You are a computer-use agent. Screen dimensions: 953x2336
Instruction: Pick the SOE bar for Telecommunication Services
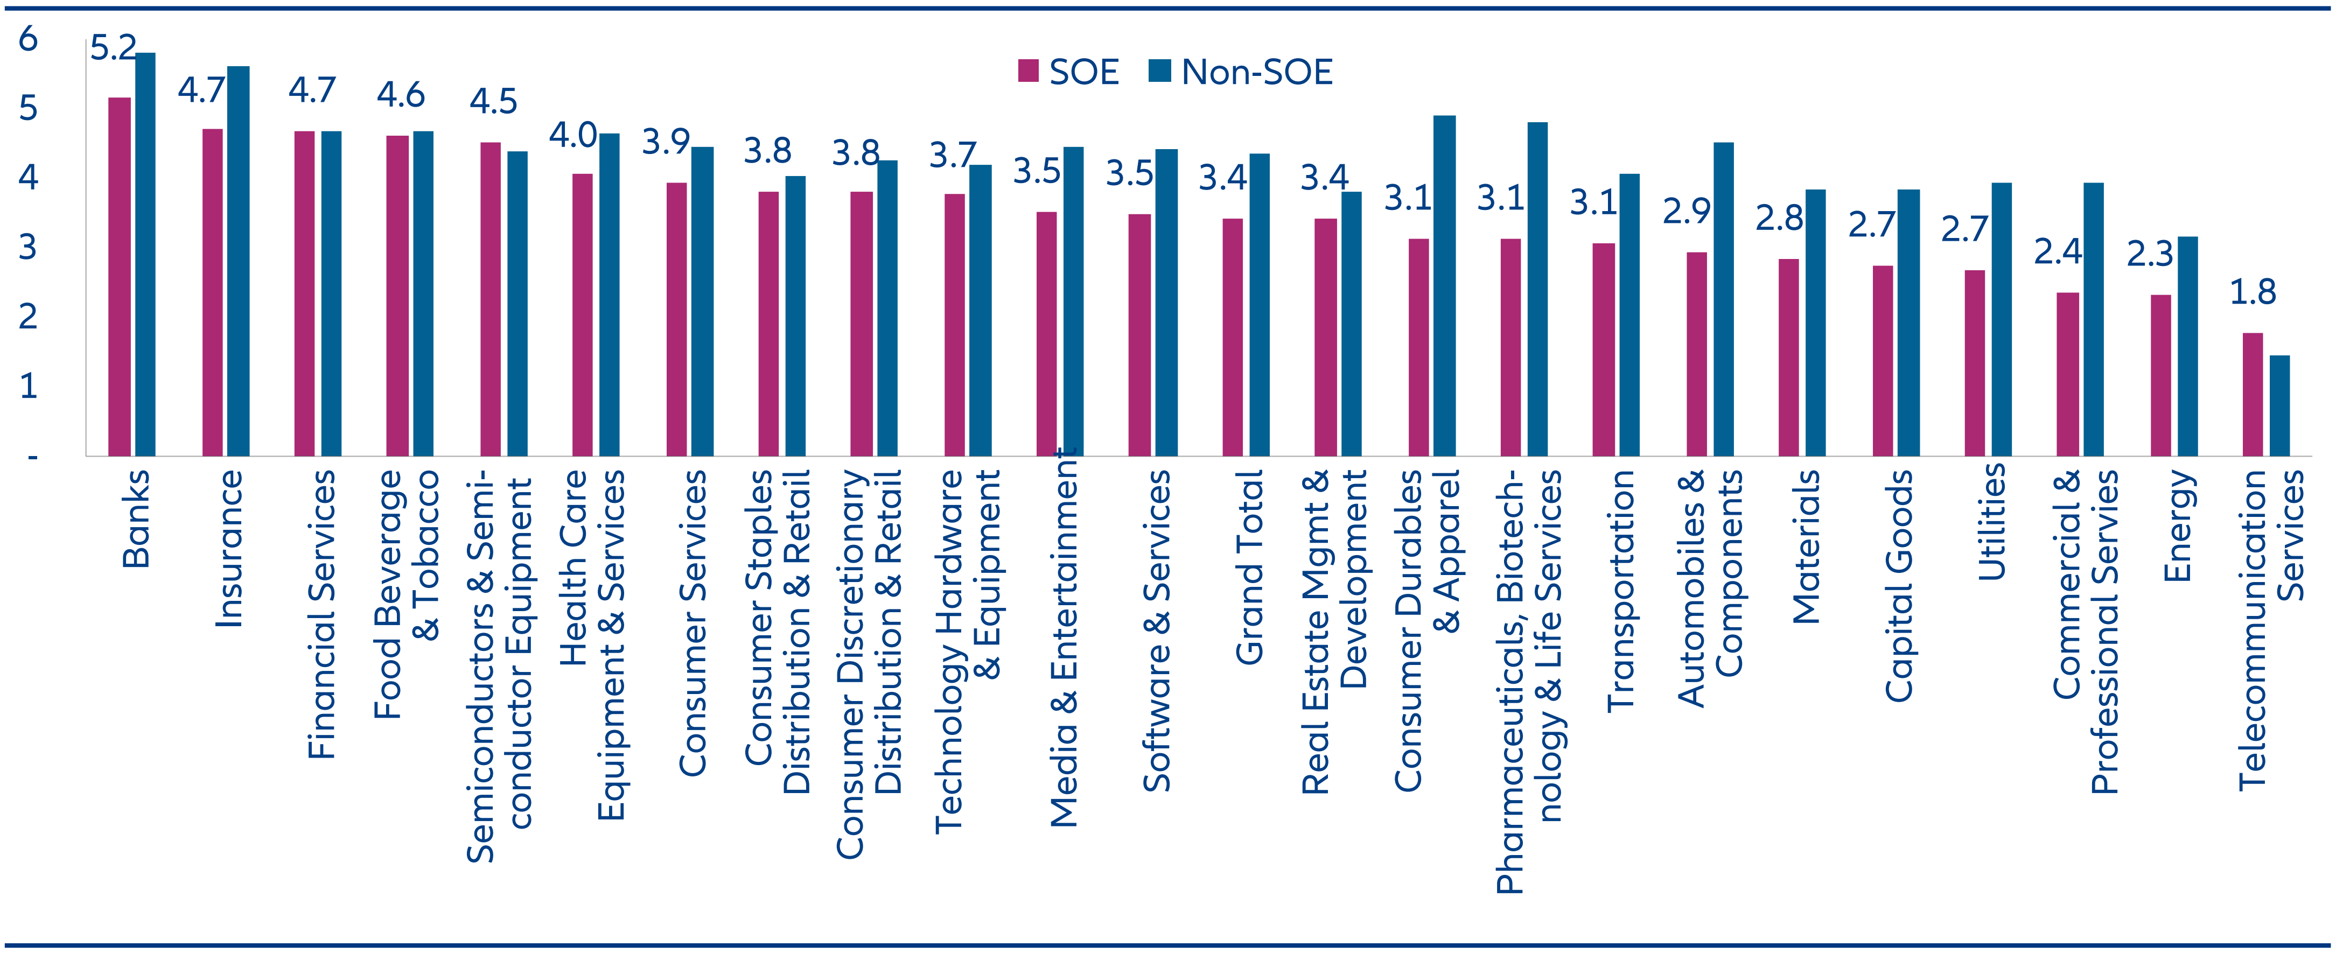[x=2253, y=395]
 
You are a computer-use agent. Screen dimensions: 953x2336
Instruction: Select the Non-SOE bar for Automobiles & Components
[x=1723, y=299]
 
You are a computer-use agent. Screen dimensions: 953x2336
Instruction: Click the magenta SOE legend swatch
[x=1027, y=71]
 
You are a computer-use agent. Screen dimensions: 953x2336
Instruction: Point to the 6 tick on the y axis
[x=28, y=39]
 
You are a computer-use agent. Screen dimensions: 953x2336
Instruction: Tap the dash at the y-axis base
[x=32, y=456]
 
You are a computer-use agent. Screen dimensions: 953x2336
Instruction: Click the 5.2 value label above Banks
[x=114, y=47]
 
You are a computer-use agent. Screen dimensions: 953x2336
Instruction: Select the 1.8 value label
[x=2253, y=292]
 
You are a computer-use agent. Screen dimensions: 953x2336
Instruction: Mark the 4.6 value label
[x=401, y=94]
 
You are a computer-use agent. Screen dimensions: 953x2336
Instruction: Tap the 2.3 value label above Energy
[x=2150, y=254]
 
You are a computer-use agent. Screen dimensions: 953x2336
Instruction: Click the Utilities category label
[x=1991, y=522]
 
